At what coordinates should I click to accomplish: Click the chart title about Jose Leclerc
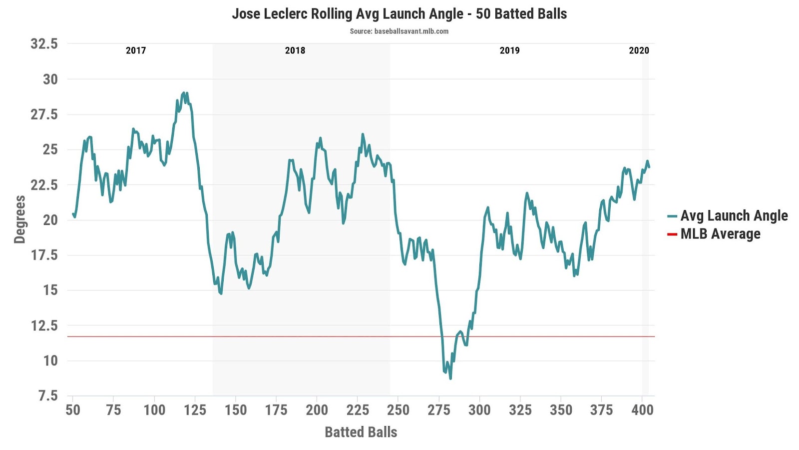coord(399,13)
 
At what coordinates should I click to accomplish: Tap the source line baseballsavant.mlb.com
coord(399,31)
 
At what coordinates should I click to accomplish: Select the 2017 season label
coord(136,50)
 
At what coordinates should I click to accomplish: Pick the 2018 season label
coord(295,50)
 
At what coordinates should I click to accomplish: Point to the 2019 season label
coord(509,50)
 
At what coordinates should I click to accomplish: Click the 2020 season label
coord(639,50)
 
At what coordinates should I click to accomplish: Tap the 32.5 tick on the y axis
coord(44,44)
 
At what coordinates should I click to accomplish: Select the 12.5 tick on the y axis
coord(44,325)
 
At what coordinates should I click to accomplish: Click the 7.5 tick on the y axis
coord(48,396)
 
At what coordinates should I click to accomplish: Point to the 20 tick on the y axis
coord(50,220)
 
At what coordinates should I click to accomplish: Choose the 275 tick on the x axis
coord(439,410)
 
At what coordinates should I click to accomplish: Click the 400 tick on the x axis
coord(642,410)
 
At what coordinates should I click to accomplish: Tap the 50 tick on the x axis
coord(73,410)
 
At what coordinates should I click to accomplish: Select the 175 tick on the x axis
coord(276,410)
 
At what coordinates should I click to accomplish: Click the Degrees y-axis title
coord(19,219)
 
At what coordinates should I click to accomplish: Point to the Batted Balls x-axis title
coord(361,432)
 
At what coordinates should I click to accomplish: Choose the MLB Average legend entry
coord(720,233)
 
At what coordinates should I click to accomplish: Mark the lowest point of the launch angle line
coord(450,378)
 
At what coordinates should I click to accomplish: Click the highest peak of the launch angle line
coord(184,92)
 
